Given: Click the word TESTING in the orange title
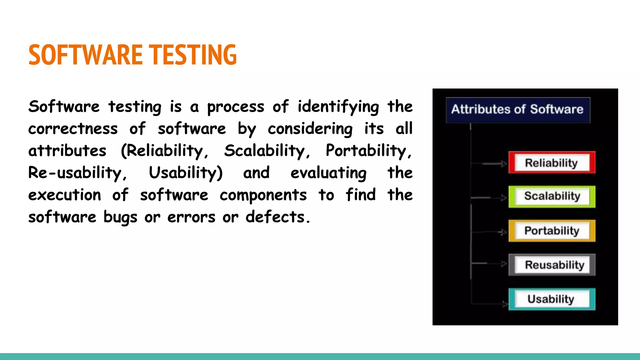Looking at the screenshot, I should point(192,55).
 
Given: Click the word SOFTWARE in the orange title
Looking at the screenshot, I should point(85,55).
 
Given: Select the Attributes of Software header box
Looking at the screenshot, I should point(517,110).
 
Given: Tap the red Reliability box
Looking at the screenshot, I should point(552,163).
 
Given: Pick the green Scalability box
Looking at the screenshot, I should point(552,197).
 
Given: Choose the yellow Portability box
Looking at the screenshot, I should point(552,231).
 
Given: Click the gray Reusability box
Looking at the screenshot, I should point(552,265).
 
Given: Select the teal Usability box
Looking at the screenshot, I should point(552,299).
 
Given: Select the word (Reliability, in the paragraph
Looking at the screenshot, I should point(164,151).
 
